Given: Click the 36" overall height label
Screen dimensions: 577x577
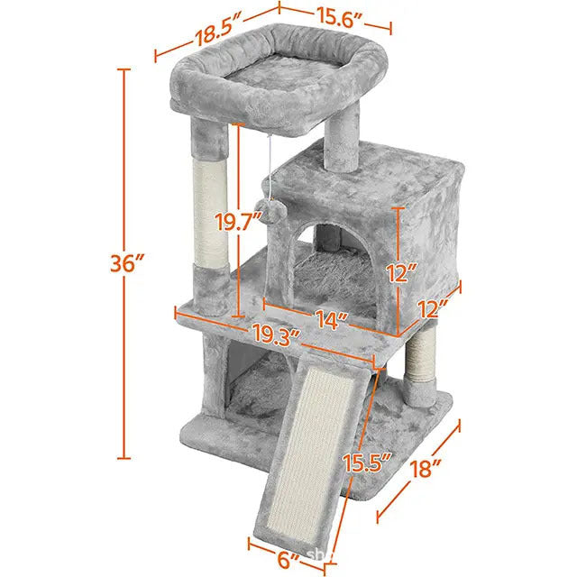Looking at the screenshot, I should [x=124, y=264].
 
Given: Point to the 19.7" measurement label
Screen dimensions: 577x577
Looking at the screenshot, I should [x=240, y=220].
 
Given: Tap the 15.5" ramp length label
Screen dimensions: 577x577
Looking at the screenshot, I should [x=368, y=463].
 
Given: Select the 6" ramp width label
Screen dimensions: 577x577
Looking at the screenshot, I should [x=288, y=559].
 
